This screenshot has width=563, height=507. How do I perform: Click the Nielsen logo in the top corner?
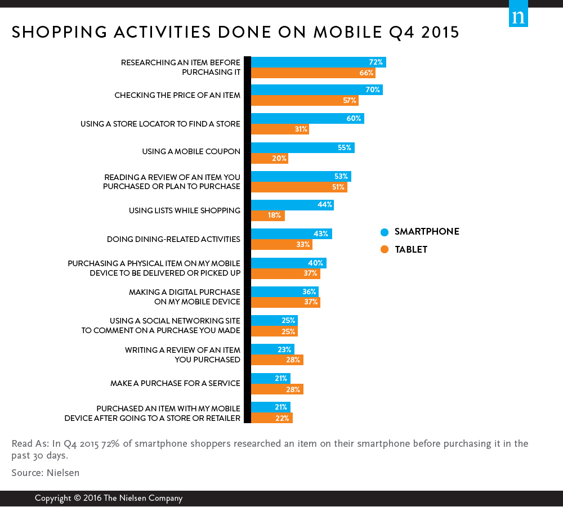[x=518, y=16]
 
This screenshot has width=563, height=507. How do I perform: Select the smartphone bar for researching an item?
[x=318, y=62]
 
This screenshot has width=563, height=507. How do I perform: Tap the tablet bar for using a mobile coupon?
[x=269, y=159]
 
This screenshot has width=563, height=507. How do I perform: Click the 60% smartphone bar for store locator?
[x=307, y=119]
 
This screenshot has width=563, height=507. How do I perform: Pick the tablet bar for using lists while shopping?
[x=267, y=216]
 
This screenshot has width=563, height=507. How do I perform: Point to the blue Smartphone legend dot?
[x=385, y=232]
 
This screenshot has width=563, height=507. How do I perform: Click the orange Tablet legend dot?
[x=385, y=250]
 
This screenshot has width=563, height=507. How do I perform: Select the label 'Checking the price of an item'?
[x=177, y=95]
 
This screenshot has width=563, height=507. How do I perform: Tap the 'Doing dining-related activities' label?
[x=173, y=239]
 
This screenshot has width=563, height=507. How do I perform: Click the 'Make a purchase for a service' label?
[x=175, y=383]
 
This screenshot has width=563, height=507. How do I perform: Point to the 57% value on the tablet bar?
[x=350, y=101]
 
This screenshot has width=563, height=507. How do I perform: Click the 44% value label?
[x=325, y=205]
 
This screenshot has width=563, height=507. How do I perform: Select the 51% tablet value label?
[x=339, y=187]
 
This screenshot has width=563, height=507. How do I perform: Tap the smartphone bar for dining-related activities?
[x=291, y=234]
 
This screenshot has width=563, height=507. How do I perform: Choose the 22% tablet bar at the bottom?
[x=271, y=418]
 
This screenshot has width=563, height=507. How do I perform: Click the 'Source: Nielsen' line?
[x=45, y=473]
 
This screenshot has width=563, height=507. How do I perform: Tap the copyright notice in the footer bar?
[x=108, y=498]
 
